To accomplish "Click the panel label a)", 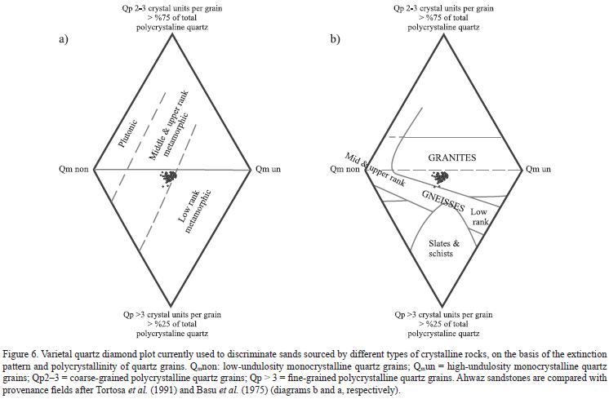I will (x=62, y=39).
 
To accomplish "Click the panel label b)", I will (x=335, y=39).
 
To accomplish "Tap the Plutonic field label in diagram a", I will (x=128, y=133).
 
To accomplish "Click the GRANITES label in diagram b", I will (x=452, y=157).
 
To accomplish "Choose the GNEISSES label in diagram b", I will (x=443, y=200).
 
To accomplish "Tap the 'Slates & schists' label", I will (x=443, y=249).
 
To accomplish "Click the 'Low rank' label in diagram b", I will (x=479, y=216).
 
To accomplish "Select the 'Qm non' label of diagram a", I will (x=72, y=170).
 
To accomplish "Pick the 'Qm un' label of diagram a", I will (x=269, y=170).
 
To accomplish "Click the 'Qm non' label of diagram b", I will (x=344, y=170).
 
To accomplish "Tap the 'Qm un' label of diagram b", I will (x=538, y=170).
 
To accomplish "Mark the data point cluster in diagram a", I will (x=170, y=177).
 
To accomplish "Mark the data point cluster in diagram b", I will (x=441, y=177).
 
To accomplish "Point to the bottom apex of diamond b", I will (x=443, y=306).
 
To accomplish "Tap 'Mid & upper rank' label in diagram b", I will (x=375, y=169).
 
